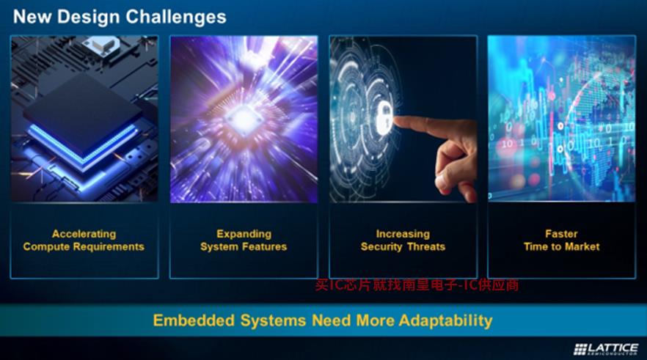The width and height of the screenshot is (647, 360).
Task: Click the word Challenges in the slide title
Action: pyautogui.click(x=176, y=17)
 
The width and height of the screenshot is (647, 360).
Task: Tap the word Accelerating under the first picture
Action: pyautogui.click(x=84, y=234)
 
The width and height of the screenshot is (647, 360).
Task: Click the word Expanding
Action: pyautogui.click(x=244, y=234)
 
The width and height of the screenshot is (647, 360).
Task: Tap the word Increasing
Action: pyautogui.click(x=403, y=234)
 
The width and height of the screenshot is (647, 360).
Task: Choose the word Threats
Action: pyautogui.click(x=425, y=246)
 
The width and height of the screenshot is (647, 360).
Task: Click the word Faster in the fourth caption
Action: pyautogui.click(x=561, y=234)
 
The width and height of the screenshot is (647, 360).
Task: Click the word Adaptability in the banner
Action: pyautogui.click(x=446, y=320)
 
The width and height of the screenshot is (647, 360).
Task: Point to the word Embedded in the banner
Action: pyautogui.click(x=194, y=320)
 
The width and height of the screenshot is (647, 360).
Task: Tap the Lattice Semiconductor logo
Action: pyautogui.click(x=606, y=349)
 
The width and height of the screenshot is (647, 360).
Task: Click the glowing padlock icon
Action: pyautogui.click(x=384, y=120)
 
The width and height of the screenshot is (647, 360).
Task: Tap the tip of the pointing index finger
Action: pyautogui.click(x=395, y=121)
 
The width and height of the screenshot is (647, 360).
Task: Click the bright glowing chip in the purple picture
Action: pyautogui.click(x=244, y=118)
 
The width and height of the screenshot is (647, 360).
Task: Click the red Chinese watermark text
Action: pyautogui.click(x=417, y=284)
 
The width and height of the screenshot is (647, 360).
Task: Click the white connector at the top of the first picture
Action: pyautogui.click(x=101, y=44)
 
